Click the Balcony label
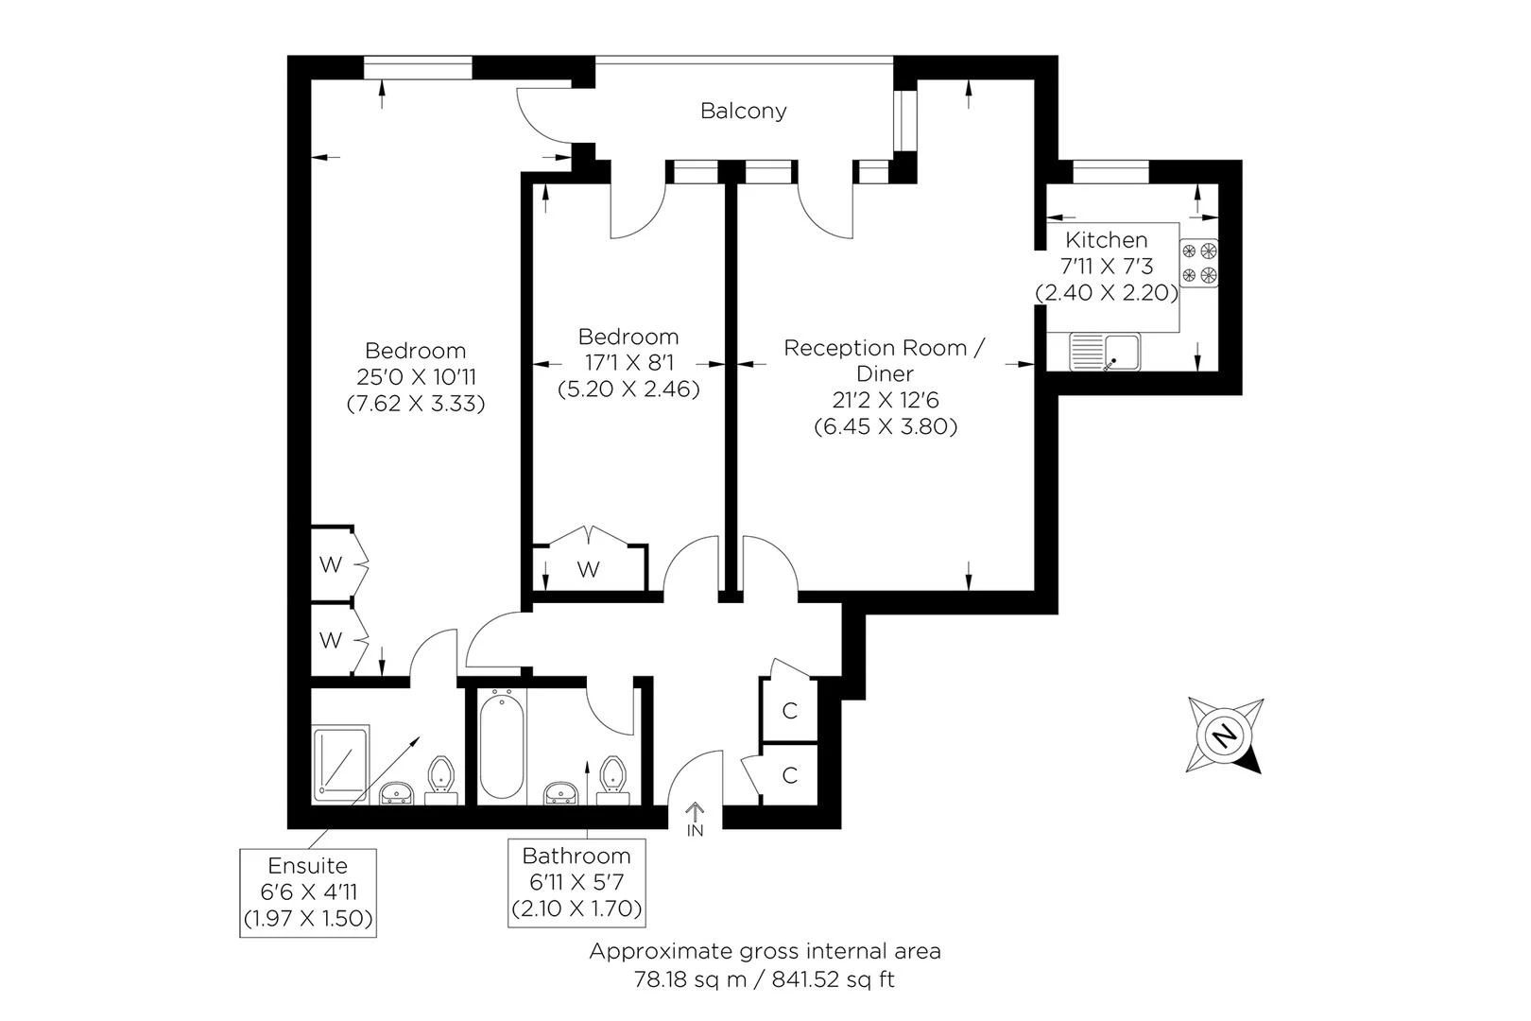tap(743, 111)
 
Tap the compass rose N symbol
tap(1224, 735)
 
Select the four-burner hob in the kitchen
tap(1199, 263)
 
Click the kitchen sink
tap(1105, 352)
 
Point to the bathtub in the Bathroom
tap(502, 744)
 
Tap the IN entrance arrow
tap(695, 812)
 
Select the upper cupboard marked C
tap(789, 709)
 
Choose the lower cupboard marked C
tap(789, 775)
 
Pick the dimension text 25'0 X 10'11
tap(416, 377)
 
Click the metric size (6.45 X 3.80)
tap(886, 426)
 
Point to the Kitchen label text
tap(1106, 240)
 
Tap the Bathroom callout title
tap(576, 856)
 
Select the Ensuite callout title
tap(307, 866)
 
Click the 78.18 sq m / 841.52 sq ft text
tap(765, 979)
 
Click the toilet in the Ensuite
tap(440, 780)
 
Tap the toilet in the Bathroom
tap(612, 780)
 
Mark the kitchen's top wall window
tap(1110, 172)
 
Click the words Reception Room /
tap(885, 348)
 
